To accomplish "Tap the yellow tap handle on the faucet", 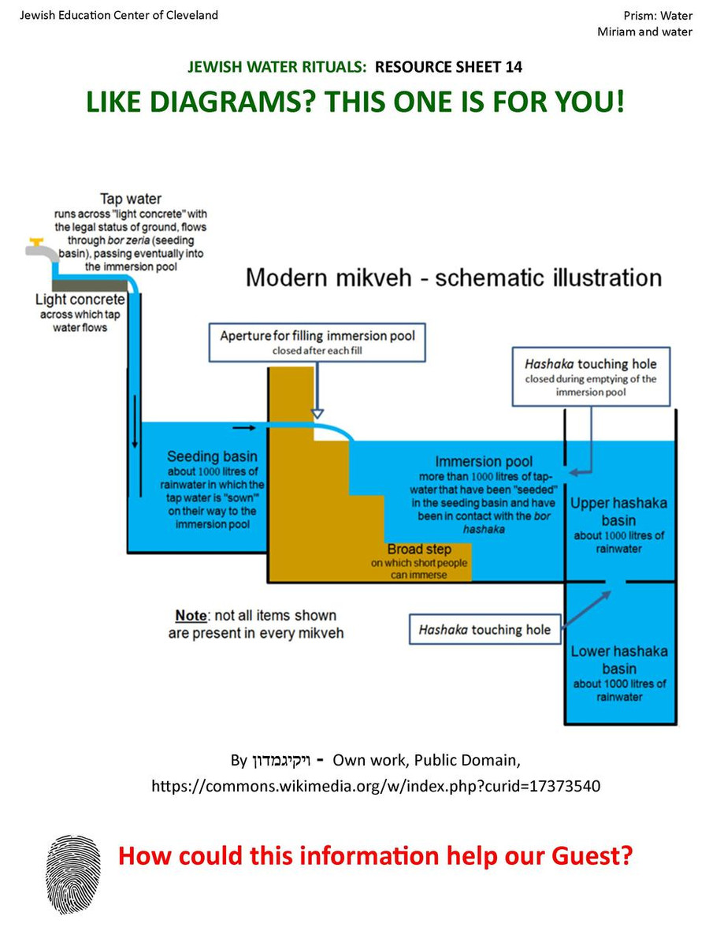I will [32, 240].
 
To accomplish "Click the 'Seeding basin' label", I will [211, 456].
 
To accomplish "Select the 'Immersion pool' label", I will [484, 461].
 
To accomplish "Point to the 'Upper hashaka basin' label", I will [618, 512].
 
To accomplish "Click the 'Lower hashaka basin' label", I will [618, 660].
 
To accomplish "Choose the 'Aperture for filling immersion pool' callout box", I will [317, 341].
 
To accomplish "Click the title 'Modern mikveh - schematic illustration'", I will [453, 277].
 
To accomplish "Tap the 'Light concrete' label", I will [80, 300].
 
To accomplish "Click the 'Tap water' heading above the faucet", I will [131, 199].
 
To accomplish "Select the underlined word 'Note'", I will [191, 615].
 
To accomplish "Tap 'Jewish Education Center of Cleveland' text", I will [119, 15].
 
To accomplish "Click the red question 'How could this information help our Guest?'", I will [375, 855].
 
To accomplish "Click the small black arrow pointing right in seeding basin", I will [244, 427].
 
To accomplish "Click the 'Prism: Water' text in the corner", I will [658, 15].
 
